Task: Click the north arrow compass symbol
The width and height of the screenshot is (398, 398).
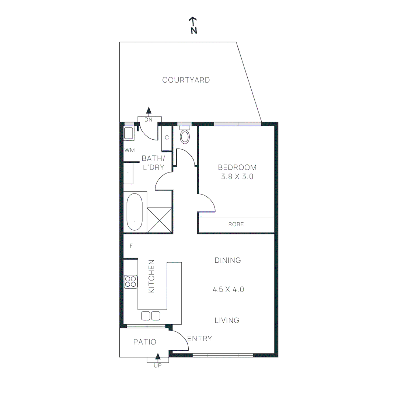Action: coord(193,25)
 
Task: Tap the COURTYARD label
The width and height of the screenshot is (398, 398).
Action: coord(186,80)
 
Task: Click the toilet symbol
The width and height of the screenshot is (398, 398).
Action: coord(185,137)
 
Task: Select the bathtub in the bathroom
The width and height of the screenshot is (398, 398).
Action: coord(135,212)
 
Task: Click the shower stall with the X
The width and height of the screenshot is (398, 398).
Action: coord(160,220)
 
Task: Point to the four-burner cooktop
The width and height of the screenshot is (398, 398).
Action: coord(130,282)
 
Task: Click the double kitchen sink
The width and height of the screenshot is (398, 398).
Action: coord(151,316)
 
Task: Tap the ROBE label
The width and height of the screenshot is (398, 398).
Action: coord(236,224)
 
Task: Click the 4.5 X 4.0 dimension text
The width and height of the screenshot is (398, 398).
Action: coord(228,290)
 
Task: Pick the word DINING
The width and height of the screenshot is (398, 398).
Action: coord(228,261)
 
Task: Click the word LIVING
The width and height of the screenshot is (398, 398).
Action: coord(227,321)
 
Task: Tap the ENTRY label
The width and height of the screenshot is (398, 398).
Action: coord(200,339)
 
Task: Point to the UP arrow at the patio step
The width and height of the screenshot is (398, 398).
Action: coord(158,357)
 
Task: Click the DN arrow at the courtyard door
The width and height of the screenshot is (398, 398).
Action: coord(149,111)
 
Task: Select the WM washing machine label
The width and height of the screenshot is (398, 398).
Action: coord(129,150)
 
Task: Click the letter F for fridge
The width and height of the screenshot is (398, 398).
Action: coord(131,246)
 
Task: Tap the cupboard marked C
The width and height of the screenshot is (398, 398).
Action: coord(167,138)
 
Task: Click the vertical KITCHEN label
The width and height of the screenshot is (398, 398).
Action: coord(151,276)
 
